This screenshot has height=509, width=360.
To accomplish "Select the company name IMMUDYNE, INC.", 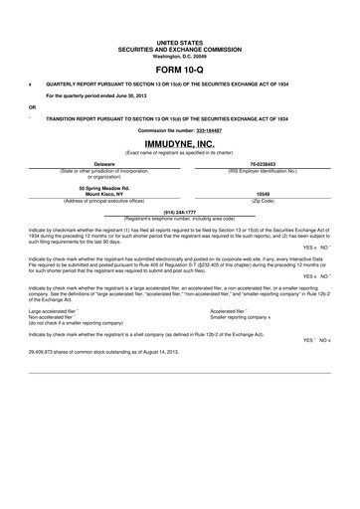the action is click(180, 144).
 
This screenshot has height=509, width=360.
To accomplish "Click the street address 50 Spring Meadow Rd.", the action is click(104, 186).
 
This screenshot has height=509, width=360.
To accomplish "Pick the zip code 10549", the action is click(263, 193).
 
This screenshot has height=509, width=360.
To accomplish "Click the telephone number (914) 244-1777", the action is click(180, 212).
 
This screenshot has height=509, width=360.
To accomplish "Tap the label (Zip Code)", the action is click(263, 200).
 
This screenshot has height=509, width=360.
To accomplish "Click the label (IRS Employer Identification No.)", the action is click(263, 170).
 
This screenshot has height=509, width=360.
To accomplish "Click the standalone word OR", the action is click(33, 106).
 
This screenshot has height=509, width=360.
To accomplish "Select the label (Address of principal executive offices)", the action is click(104, 200).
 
